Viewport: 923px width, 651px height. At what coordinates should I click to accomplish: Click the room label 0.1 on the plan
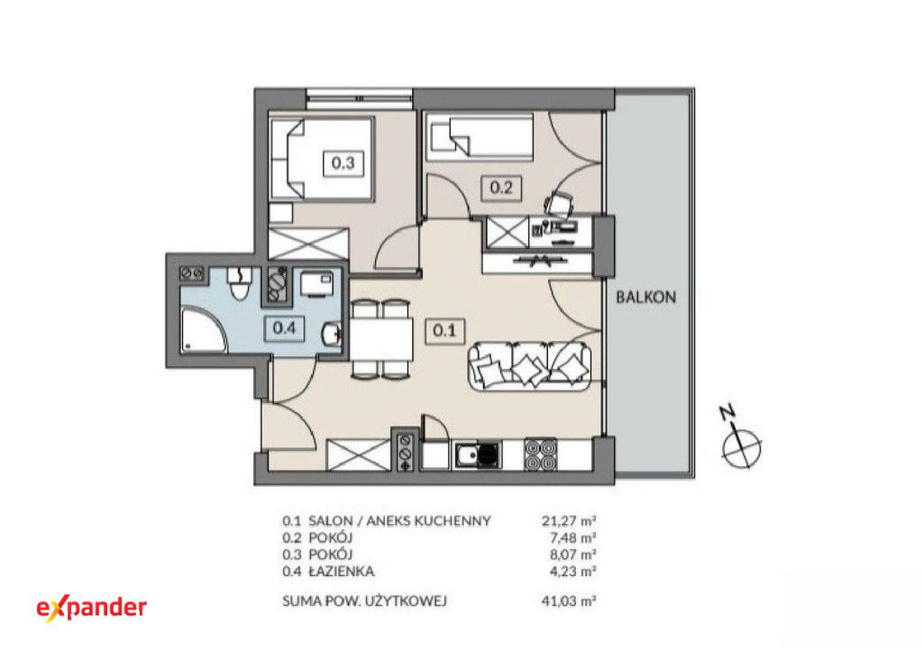444,330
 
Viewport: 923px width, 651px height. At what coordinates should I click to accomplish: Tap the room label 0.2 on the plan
501,188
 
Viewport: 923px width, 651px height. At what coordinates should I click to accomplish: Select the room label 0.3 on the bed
343,162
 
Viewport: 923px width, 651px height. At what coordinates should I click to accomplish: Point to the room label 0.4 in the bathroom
284,328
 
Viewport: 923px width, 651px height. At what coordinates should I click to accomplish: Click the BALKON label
645,298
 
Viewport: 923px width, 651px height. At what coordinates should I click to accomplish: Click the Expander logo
92,608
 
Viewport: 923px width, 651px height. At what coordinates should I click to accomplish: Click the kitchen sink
477,455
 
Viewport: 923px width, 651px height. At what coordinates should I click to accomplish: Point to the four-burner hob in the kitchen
541,454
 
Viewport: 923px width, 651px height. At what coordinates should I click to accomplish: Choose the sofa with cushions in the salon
530,365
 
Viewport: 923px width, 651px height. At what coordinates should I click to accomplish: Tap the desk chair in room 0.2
559,204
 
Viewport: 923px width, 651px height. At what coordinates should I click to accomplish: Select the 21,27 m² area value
569,520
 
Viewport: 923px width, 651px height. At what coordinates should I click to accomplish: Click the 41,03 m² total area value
569,601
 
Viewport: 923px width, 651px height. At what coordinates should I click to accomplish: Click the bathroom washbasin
332,335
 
